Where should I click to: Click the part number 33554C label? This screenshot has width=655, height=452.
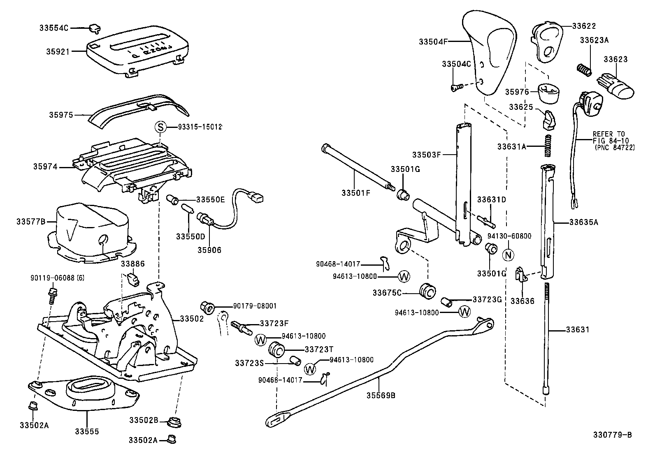[x=53, y=28]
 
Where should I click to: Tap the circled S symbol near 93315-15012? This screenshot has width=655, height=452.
[x=160, y=127]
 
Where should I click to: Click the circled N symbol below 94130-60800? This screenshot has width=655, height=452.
[x=509, y=255]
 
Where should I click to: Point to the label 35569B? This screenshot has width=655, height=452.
[x=381, y=395]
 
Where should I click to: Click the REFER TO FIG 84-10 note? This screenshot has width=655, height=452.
[x=613, y=140]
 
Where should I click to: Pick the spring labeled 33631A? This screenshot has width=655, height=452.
[x=548, y=146]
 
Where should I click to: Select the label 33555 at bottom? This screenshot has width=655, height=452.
[x=87, y=431]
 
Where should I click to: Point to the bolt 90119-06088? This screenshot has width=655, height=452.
[x=52, y=295]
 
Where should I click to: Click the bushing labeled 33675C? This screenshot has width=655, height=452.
[x=427, y=292]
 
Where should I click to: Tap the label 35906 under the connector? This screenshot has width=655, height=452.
[x=209, y=250]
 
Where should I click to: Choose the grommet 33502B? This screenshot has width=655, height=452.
[x=174, y=422]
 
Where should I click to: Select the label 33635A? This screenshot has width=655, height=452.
[x=583, y=223]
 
